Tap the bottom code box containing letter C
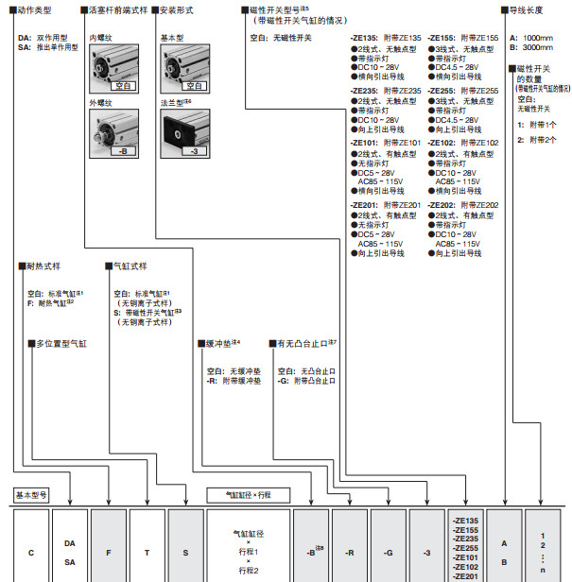click(32, 551)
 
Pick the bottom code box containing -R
click(350, 551)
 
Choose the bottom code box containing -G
click(389, 551)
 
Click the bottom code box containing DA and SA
click(70, 551)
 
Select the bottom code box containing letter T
click(147, 551)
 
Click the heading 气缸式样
click(130, 266)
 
